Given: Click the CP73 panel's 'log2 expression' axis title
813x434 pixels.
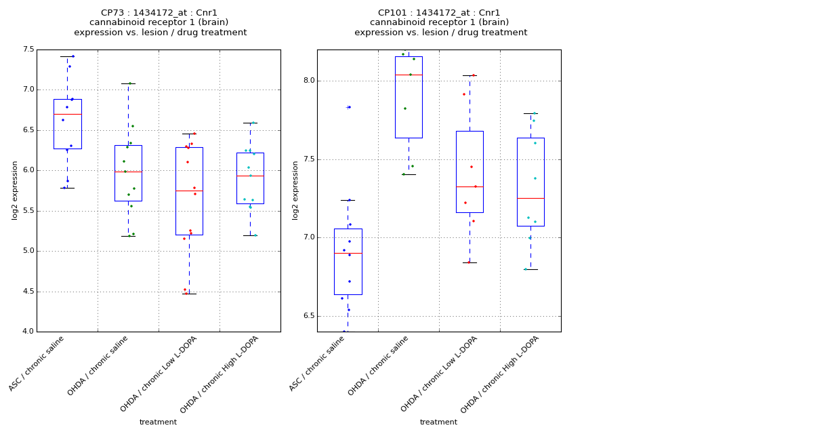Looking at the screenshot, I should pyautogui.click(x=15, y=190).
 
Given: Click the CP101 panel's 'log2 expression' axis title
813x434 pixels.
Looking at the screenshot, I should pyautogui.click(x=295, y=190).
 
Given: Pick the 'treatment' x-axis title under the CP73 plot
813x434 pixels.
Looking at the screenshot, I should pyautogui.click(x=158, y=422).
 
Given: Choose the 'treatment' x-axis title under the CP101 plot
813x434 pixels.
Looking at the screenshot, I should pyautogui.click(x=438, y=422).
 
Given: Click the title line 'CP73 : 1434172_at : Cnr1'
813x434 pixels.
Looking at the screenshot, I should pyautogui.click(x=159, y=13).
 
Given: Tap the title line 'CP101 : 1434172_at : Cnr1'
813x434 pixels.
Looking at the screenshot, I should pyautogui.click(x=439, y=13).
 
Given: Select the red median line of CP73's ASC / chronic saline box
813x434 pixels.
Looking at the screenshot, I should pyautogui.click(x=67, y=114).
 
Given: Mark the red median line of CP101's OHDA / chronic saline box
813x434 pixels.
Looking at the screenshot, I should pyautogui.click(x=409, y=75).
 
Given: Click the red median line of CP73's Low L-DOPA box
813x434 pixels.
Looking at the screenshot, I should pyautogui.click(x=189, y=191).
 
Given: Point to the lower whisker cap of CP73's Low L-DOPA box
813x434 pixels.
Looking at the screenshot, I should pyautogui.click(x=189, y=294).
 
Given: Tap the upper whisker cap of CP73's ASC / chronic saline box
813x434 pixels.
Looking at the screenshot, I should pyautogui.click(x=67, y=56).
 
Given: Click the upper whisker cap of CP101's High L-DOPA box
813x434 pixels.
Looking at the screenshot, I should pyautogui.click(x=530, y=113).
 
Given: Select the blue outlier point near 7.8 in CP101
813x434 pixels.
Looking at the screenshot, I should pyautogui.click(x=349, y=107).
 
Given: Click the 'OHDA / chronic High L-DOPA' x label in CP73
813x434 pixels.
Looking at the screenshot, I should pyautogui.click(x=220, y=374).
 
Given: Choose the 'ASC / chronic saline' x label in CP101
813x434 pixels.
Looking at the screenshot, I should pyautogui.click(x=318, y=363).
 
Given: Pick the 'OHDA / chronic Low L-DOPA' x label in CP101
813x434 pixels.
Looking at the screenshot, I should pyautogui.click(x=439, y=374).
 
